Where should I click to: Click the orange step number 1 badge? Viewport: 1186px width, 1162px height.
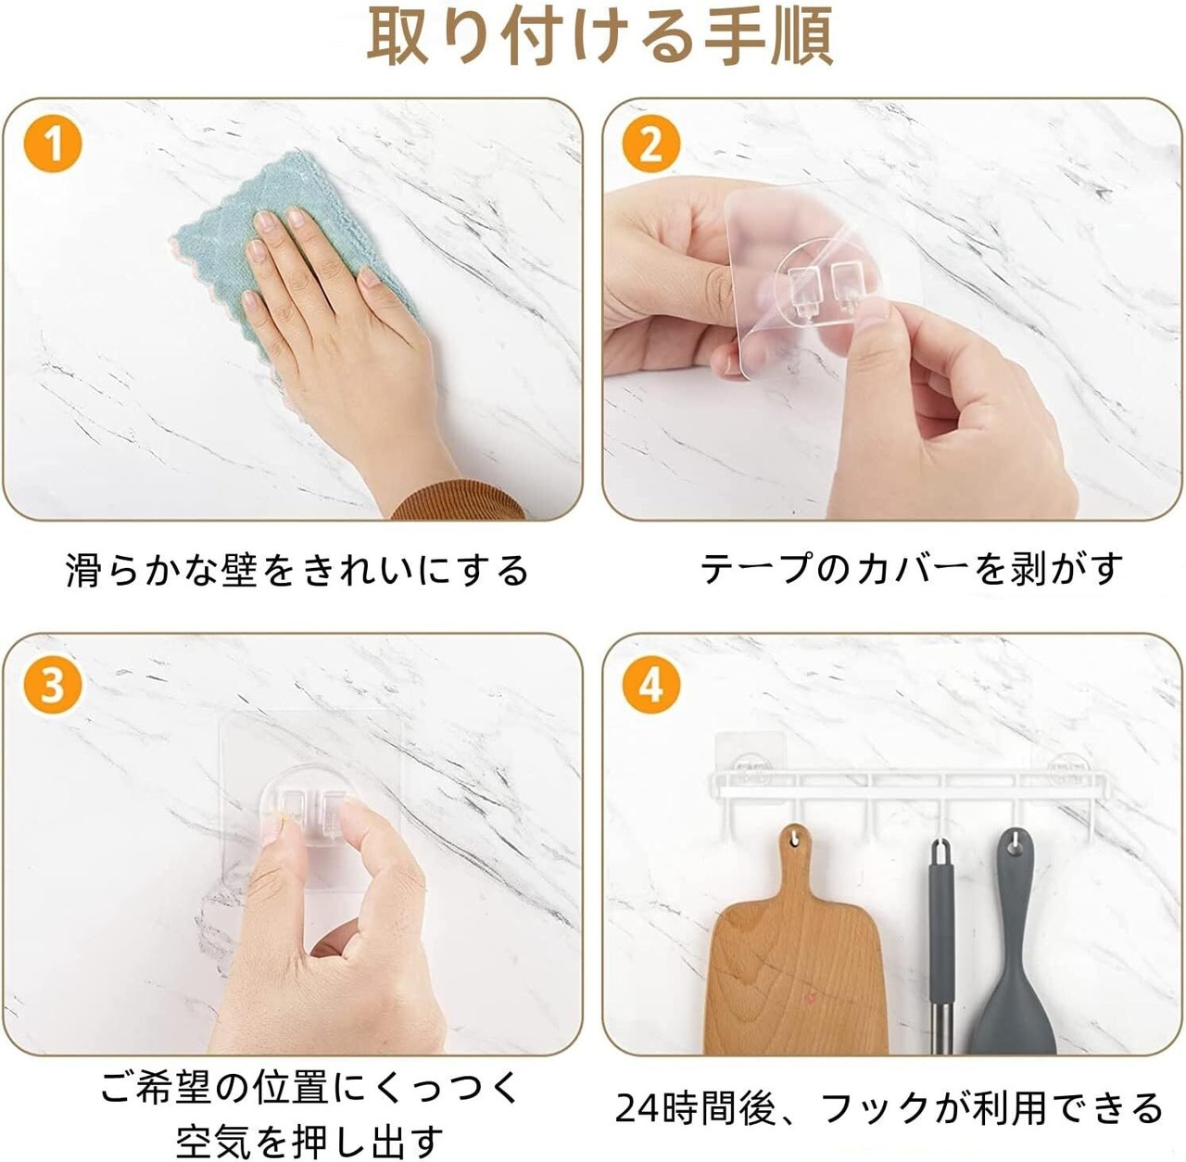pos(52,145)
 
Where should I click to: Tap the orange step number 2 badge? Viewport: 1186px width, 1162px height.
pos(651,145)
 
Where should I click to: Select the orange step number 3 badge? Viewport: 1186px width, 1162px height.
pos(52,685)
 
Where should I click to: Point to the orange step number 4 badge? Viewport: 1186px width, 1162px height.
pos(651,685)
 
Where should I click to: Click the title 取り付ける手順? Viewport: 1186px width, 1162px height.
pos(600,36)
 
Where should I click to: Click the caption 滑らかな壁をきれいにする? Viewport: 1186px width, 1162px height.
pos(296,570)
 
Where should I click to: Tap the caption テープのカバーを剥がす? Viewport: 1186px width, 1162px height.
pos(912,568)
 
